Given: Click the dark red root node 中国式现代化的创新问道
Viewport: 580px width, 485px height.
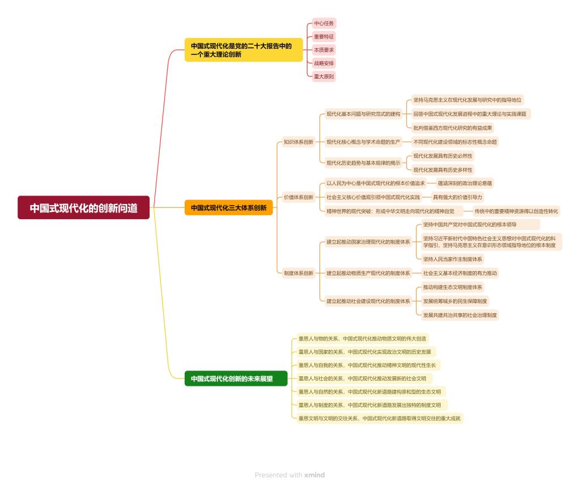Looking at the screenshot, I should coord(84,208).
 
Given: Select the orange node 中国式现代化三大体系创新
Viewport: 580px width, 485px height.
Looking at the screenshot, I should coord(228,208).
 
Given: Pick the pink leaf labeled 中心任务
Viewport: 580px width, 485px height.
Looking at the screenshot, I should coord(324,23).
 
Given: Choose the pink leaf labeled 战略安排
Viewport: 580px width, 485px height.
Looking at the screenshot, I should coord(324,63).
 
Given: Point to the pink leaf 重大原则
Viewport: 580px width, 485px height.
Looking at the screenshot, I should coord(324,76).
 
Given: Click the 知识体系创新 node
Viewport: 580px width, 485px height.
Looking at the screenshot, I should coord(298,142).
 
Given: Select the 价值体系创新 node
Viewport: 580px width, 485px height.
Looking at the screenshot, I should coord(298,197).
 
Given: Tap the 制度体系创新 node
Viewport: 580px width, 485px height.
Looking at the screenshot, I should coord(298,273).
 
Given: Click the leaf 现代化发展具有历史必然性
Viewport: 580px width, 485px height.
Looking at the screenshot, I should coord(443,156).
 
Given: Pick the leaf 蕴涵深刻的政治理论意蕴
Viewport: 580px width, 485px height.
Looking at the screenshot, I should coord(465,183).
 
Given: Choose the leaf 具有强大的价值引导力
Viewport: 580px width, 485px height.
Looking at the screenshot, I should coord(458,197).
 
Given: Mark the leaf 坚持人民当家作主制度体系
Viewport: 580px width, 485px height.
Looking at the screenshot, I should coord(453,259).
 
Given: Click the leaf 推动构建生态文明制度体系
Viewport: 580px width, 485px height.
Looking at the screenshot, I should coord(453,287).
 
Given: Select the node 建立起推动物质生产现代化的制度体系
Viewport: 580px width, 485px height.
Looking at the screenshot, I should coord(368,273).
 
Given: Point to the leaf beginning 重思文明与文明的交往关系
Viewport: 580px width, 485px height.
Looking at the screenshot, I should coord(379,419).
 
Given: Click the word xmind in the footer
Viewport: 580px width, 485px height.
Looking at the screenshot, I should coord(314,475).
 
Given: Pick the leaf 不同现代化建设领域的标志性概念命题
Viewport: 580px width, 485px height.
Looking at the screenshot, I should coord(455,142).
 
